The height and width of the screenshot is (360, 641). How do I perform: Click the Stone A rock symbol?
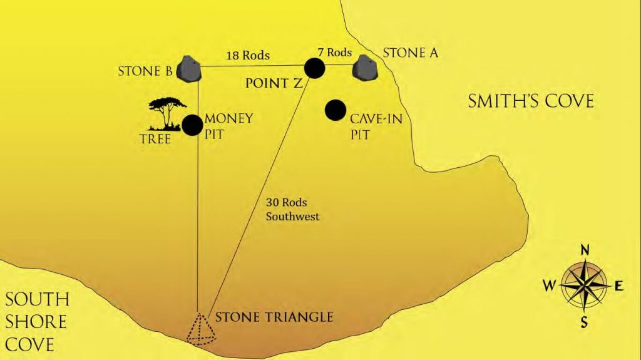[x=365, y=68]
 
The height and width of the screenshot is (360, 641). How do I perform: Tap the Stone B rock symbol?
[x=188, y=68]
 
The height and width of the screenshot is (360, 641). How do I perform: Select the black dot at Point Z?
[x=314, y=68]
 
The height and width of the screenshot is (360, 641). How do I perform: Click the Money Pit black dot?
[x=192, y=125]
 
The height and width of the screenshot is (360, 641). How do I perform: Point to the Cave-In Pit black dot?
[x=336, y=110]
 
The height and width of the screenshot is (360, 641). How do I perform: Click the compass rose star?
[x=585, y=285]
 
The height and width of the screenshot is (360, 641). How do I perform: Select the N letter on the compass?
[x=585, y=250]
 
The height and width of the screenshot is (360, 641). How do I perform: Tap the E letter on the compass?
[x=619, y=286]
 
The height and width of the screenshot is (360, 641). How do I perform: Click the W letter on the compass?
[x=549, y=286]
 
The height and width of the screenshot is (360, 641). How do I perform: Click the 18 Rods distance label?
[x=248, y=55]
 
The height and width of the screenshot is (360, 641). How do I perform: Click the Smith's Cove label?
[x=530, y=100]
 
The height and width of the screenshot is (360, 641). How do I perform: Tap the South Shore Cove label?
[x=36, y=321]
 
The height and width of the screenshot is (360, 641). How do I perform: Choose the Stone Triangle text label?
[x=274, y=317]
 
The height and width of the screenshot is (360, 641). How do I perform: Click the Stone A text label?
[x=410, y=53]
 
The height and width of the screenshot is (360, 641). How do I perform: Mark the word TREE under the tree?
[x=155, y=138]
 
